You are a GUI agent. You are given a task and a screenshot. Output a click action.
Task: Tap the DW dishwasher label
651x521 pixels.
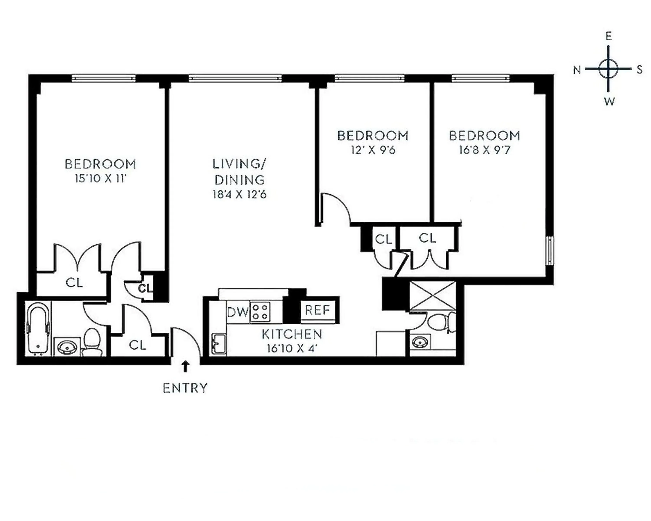pos(237,312)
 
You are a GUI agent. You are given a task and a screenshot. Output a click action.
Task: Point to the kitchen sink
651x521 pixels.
pos(219,344)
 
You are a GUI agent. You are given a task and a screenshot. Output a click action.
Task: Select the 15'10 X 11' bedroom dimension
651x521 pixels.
pos(100,178)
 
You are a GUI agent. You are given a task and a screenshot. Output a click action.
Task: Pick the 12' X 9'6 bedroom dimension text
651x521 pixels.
pos(373,150)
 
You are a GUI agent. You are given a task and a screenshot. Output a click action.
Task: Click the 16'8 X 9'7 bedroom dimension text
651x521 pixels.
pos(484,150)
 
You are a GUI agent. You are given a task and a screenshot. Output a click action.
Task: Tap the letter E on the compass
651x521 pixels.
pos(608,36)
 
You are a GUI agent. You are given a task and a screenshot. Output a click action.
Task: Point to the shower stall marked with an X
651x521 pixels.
pos(432,296)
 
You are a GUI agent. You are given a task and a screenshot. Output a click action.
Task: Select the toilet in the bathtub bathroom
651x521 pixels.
pos(92,342)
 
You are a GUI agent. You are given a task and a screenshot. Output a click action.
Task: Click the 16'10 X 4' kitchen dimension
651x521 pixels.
pos(292,349)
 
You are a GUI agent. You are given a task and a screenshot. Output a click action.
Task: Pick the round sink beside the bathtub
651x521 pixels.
pos(67,347)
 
